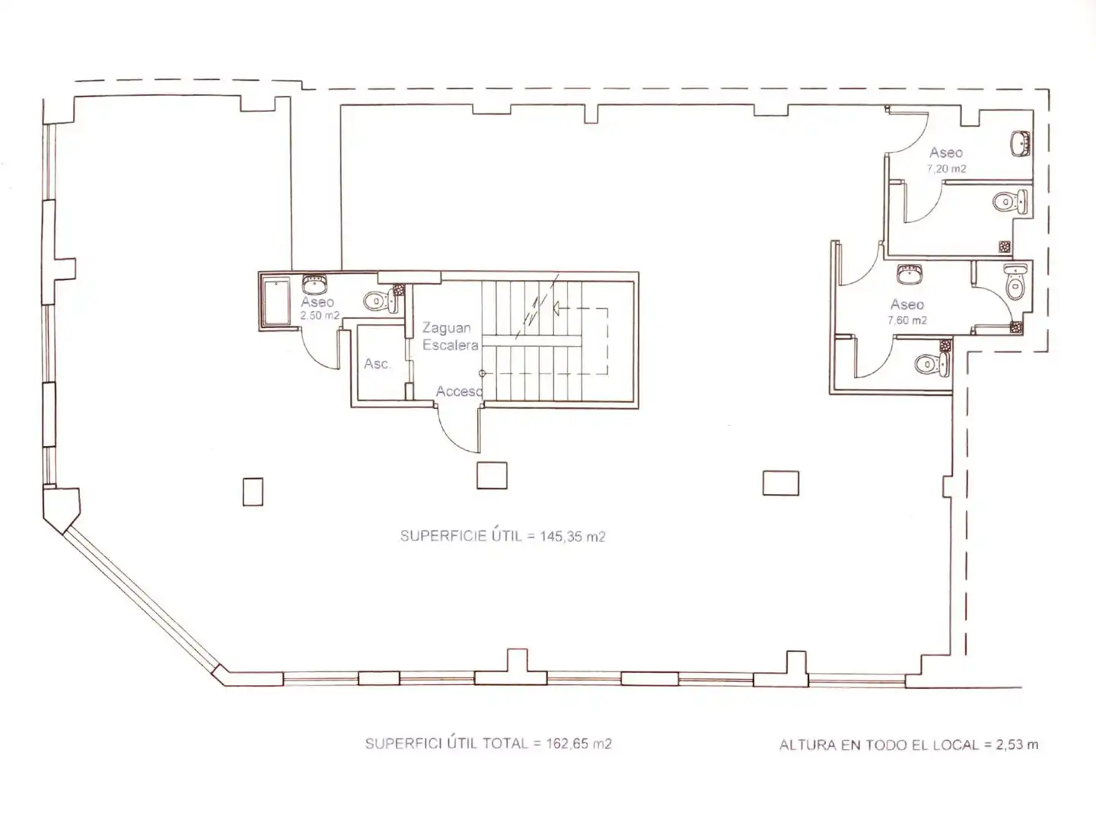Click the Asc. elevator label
[x=377, y=364]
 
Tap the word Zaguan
[x=447, y=328]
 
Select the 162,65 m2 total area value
[x=578, y=744]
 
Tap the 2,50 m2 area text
[x=320, y=316]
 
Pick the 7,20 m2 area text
[x=946, y=169]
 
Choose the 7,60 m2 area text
[x=907, y=320]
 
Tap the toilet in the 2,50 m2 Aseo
[x=379, y=301]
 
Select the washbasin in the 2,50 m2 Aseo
[x=314, y=284]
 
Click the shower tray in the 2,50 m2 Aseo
[x=276, y=303]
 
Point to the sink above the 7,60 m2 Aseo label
[x=910, y=275]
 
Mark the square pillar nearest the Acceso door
[x=492, y=476]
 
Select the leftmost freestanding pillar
[x=253, y=492]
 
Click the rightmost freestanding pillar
[x=780, y=483]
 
